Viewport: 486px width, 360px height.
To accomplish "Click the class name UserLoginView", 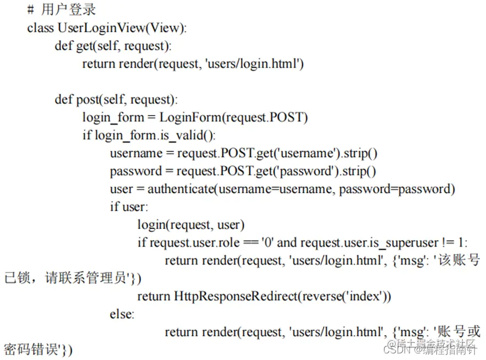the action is click(x=97, y=28).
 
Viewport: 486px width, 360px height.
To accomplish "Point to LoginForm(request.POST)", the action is click(x=234, y=117).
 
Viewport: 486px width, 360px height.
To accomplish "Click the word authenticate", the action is click(x=181, y=189).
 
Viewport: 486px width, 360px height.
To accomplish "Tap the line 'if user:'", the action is click(x=129, y=207).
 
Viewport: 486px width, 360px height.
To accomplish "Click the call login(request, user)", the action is click(x=191, y=225).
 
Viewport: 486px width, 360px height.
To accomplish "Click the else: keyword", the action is click(x=122, y=314).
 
